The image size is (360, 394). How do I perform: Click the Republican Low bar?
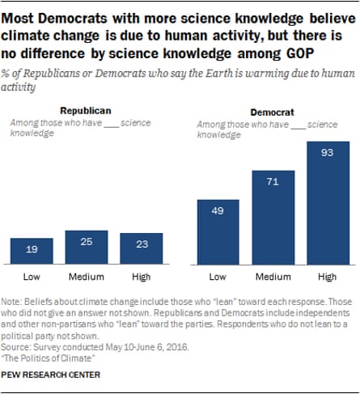tap(32, 251)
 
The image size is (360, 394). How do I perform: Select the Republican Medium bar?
tap(87, 248)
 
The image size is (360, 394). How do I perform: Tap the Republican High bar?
tap(141, 248)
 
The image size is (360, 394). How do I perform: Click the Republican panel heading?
tap(85, 111)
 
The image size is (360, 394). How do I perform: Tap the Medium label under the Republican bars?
tap(87, 277)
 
